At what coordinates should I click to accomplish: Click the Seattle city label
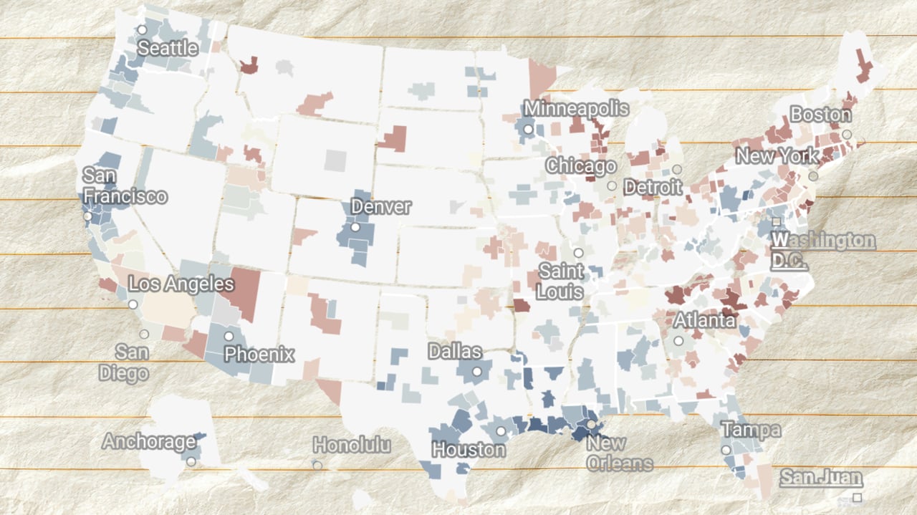[168, 49]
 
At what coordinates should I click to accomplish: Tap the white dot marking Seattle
[143, 30]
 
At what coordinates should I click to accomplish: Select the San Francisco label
[125, 186]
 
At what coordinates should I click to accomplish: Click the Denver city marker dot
[355, 227]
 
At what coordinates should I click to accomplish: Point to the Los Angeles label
[181, 284]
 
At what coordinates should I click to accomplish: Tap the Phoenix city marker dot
[229, 336]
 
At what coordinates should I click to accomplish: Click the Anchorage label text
[148, 442]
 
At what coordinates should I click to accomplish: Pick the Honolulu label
[352, 446]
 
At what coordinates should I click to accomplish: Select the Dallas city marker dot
[476, 372]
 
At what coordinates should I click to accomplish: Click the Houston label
[469, 450]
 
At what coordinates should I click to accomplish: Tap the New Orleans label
[619, 453]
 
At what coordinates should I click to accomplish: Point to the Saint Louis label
[561, 281]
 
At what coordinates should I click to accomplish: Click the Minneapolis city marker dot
[528, 130]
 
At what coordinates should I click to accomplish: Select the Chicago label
[581, 166]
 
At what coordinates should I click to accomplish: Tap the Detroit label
[653, 188]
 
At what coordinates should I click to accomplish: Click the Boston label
[821, 115]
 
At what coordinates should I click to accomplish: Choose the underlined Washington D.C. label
[823, 250]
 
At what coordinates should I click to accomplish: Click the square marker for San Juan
[858, 497]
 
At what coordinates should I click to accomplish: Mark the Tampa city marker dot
[726, 450]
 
